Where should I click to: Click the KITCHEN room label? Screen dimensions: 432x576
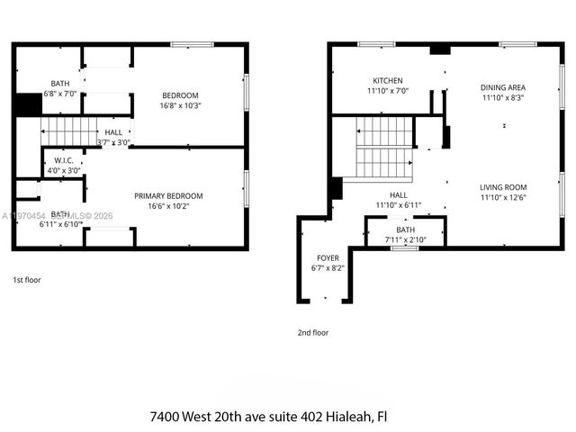pyautogui.click(x=388, y=80)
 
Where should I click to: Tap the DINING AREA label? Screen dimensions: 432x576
pyautogui.click(x=502, y=87)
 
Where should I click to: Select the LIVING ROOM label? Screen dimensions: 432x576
pyautogui.click(x=502, y=187)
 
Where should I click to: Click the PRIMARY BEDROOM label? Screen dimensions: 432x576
pyautogui.click(x=168, y=196)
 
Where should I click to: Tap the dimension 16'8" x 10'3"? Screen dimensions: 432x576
pyautogui.click(x=180, y=105)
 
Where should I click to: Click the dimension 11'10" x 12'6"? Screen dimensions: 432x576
pyautogui.click(x=502, y=197)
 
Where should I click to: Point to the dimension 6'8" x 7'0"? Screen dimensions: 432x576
pyautogui.click(x=59, y=93)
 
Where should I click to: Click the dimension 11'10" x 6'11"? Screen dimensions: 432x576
pyautogui.click(x=398, y=204)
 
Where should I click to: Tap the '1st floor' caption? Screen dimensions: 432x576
pyautogui.click(x=27, y=280)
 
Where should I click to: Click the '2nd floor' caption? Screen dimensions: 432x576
pyautogui.click(x=313, y=332)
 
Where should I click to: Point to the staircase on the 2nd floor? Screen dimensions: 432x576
pyautogui.click(x=384, y=148)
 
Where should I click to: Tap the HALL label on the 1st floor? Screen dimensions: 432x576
pyautogui.click(x=113, y=132)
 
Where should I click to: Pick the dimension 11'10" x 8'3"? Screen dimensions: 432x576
pyautogui.click(x=502, y=97)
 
